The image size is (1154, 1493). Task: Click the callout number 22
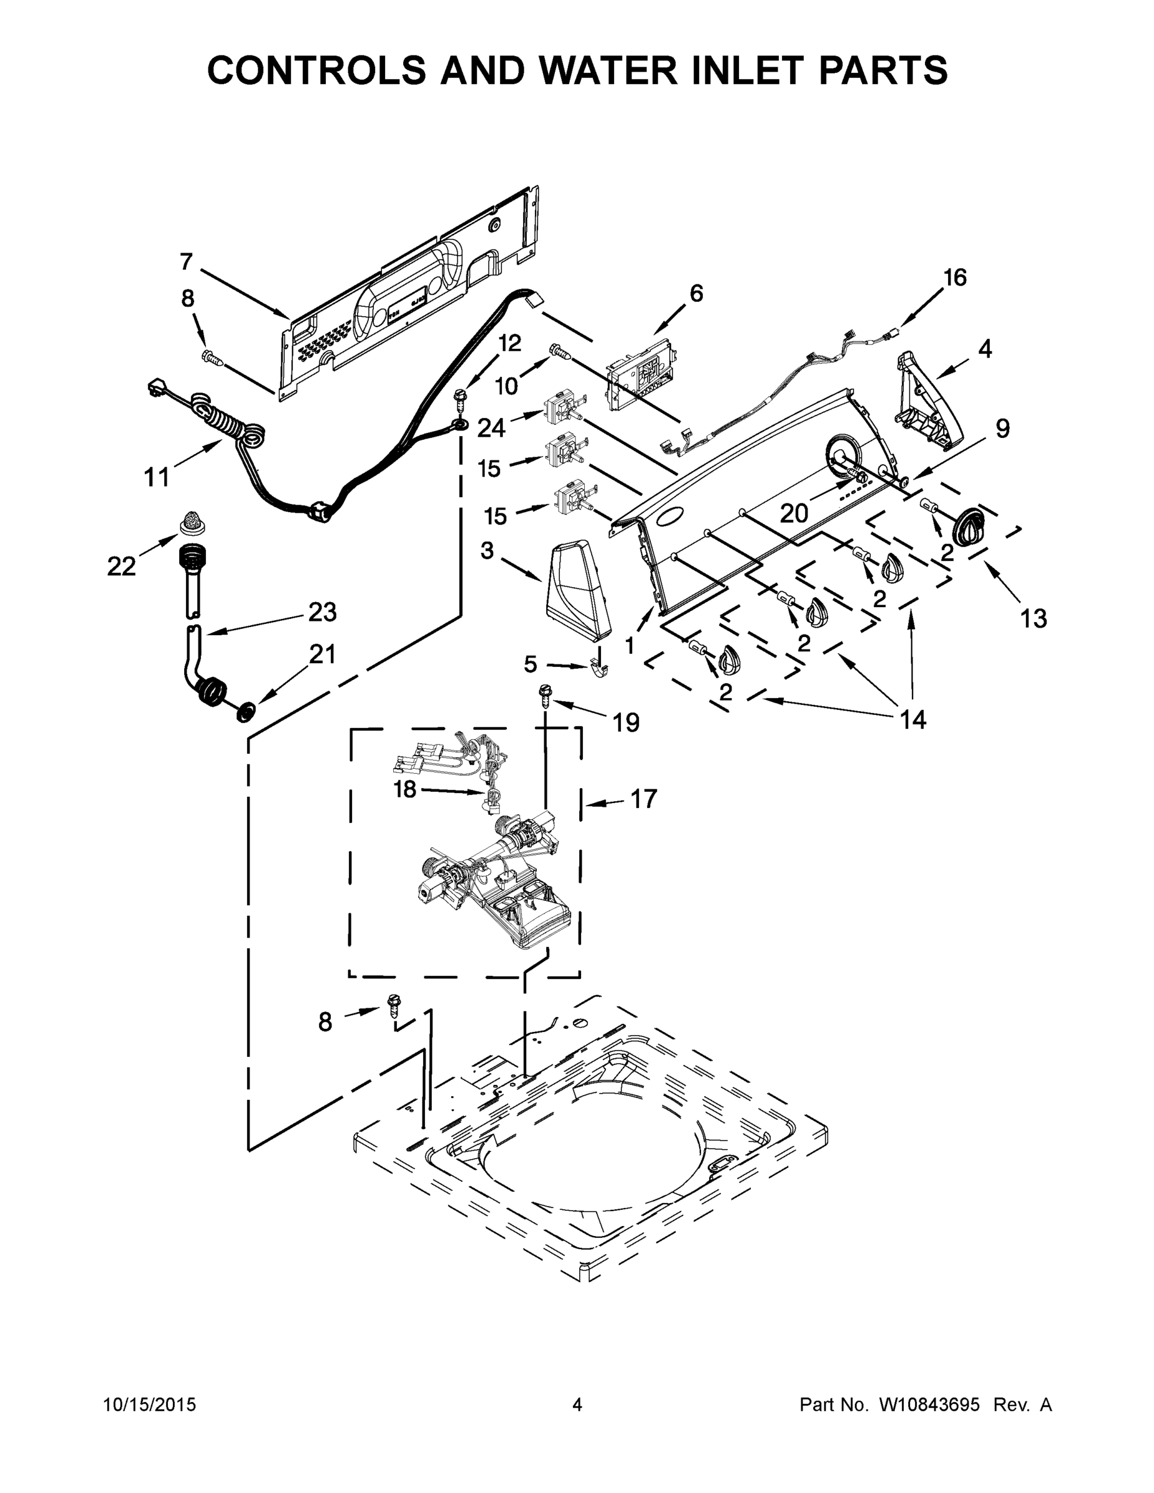(121, 566)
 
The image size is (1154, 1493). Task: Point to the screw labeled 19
(546, 692)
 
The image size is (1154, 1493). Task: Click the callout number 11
(157, 477)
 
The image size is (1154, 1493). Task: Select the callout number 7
(186, 262)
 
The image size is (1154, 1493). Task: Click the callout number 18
(405, 789)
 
